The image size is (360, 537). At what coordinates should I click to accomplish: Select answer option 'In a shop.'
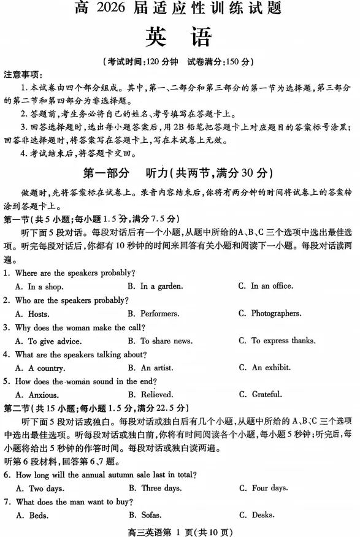[x=45, y=286]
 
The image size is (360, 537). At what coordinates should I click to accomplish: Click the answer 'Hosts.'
[x=40, y=314]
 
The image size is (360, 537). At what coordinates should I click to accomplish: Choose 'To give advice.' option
[x=55, y=341]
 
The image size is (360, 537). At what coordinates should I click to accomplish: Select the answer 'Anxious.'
[x=44, y=395]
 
